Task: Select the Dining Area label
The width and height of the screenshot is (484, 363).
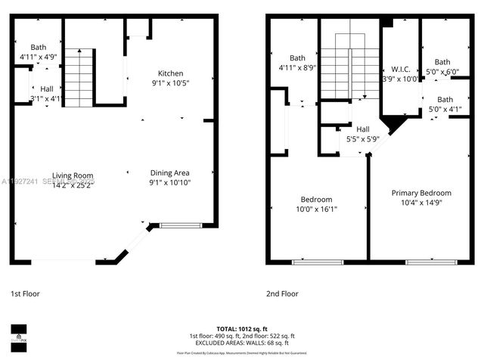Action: coord(169,173)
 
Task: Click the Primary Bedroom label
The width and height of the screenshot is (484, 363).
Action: coord(420,193)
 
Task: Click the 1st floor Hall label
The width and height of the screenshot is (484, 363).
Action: coord(47,88)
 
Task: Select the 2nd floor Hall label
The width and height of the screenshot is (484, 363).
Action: coord(363,129)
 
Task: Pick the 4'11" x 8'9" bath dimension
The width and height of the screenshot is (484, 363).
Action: coord(297,67)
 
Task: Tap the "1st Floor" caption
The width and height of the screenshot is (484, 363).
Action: coord(25,293)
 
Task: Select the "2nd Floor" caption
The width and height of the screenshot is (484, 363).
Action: coord(282,293)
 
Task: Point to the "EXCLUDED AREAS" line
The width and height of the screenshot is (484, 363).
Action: coord(241,342)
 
